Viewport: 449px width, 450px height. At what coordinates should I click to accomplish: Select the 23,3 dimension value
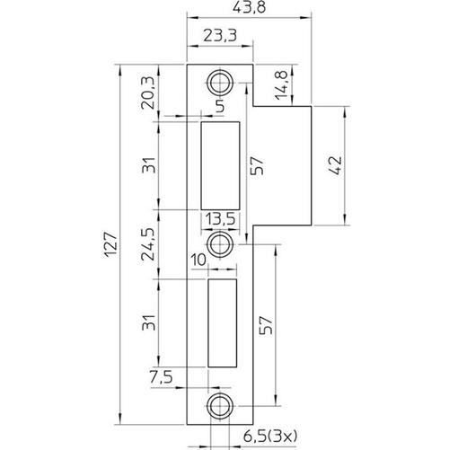pyautogui.click(x=219, y=37)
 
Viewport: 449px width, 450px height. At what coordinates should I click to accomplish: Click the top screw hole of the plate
pyautogui.click(x=219, y=82)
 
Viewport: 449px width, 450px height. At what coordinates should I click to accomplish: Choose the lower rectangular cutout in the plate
pyautogui.click(x=221, y=321)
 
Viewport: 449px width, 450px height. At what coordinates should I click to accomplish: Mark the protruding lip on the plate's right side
pyautogui.click(x=286, y=164)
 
